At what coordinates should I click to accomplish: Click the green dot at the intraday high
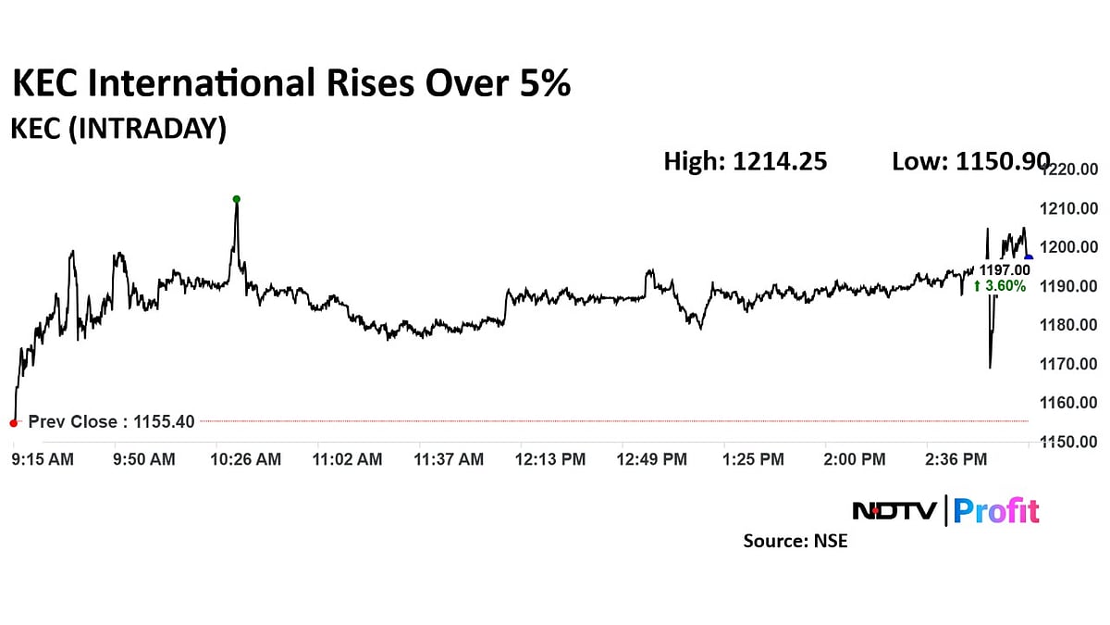pos(237,199)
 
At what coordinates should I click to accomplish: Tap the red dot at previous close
pos(13,423)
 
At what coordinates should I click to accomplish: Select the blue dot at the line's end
pos(1029,258)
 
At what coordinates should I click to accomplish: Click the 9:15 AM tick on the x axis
pos(43,459)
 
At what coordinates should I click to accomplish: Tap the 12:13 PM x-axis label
pos(550,459)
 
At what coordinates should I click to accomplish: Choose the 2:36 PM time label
pos(956,459)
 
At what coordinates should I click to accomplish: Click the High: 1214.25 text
pos(745,162)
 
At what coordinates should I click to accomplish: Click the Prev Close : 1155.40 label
pos(111,422)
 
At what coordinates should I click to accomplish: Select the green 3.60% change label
pos(999,286)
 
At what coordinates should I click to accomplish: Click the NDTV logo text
pos(894,511)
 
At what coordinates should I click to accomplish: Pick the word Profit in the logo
pos(996,511)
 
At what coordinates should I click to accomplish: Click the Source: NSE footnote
pos(795,541)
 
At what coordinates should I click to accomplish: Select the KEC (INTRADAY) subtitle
pos(117,130)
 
